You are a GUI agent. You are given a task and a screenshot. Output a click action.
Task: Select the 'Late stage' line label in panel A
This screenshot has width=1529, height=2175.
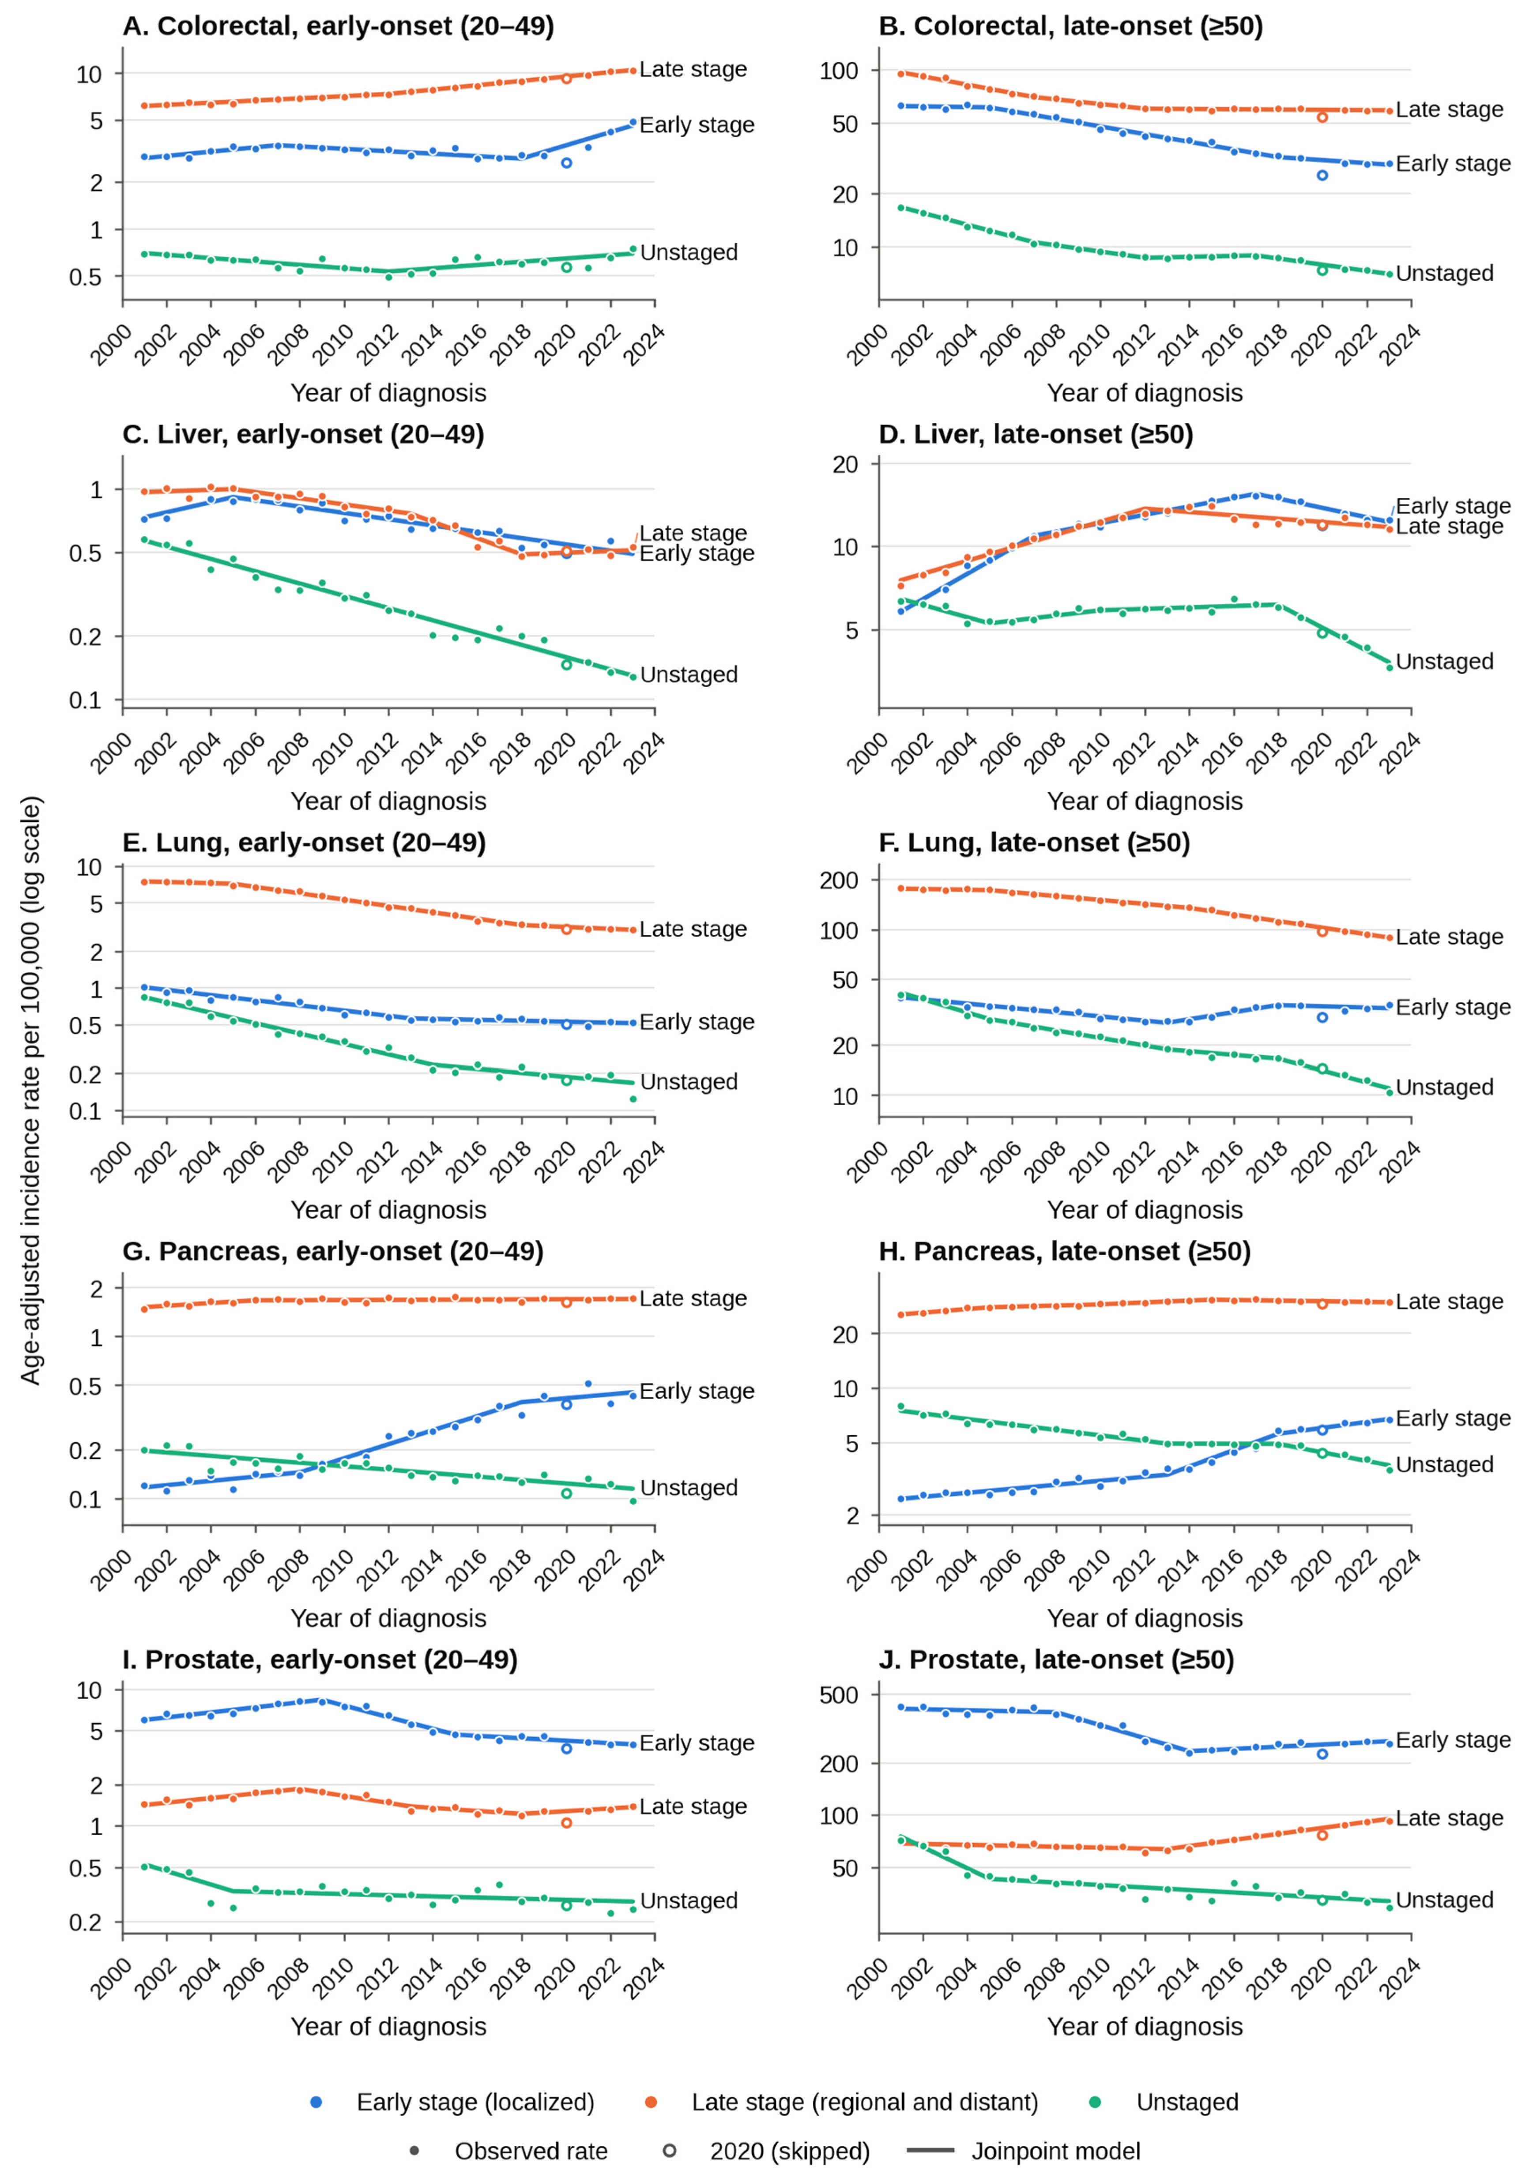(x=693, y=69)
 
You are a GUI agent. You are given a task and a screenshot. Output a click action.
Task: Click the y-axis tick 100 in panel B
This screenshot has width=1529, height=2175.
(x=840, y=70)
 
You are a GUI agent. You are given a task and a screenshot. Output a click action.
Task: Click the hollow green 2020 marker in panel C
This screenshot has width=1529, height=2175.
(x=566, y=664)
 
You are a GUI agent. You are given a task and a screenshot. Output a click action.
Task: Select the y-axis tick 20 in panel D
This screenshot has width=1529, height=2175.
(x=845, y=464)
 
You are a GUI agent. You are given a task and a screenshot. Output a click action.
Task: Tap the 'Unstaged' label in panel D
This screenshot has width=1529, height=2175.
(x=1445, y=661)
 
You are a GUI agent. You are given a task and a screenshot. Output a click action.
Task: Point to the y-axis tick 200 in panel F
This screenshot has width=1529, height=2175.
(x=840, y=880)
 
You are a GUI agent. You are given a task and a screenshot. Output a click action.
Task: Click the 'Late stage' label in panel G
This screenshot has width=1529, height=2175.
(x=693, y=1299)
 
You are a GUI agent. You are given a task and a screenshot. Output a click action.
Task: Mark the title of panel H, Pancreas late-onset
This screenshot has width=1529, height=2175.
(x=1065, y=1251)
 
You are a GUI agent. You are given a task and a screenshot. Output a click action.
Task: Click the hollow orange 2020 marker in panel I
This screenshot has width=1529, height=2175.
(x=566, y=1823)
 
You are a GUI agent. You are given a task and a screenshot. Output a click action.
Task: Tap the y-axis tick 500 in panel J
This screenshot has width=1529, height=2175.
(x=840, y=1695)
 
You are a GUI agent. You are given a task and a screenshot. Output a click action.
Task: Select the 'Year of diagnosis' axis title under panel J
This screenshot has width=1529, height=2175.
(x=1145, y=2026)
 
